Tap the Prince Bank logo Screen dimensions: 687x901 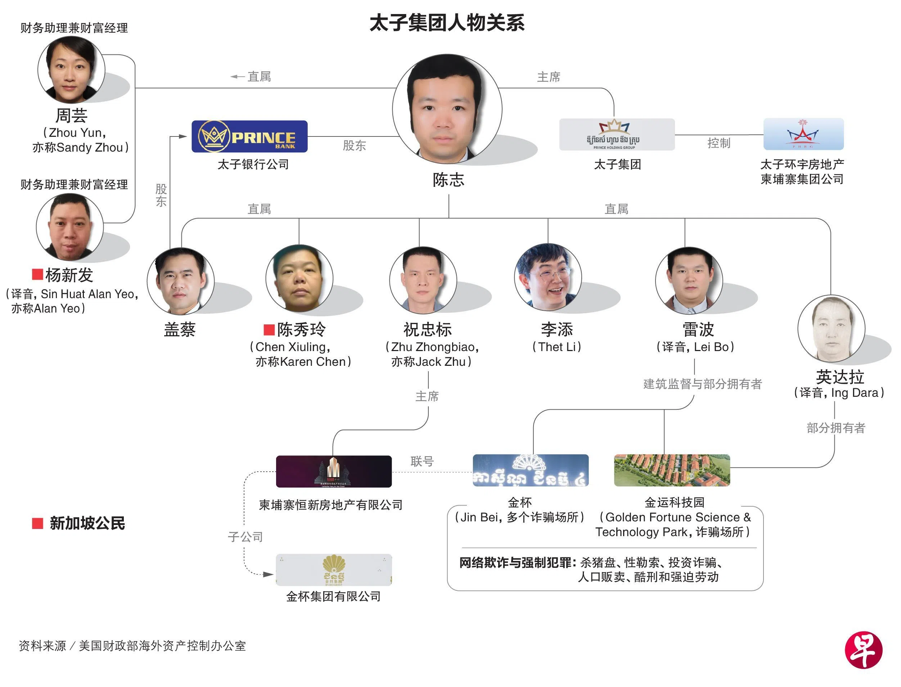coord(249,136)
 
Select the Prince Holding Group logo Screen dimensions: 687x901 coord(617,135)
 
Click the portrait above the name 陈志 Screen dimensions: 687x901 coord(447,109)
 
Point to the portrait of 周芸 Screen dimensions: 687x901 coord(71,69)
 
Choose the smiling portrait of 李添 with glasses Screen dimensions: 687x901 coord(548,277)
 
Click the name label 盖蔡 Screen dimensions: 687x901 coord(180,329)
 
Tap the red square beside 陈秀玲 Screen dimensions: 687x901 coord(269,329)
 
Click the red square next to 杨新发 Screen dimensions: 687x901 coord(37,274)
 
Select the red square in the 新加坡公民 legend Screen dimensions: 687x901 coord(37,524)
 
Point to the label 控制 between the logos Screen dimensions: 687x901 coord(718,143)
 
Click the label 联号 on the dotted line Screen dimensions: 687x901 coord(422,461)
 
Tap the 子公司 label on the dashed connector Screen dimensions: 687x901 coord(245,537)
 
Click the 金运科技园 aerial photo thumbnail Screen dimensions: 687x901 coord(672,470)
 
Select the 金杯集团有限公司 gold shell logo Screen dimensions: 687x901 coord(334,570)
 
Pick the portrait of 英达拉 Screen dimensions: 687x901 coord(831,328)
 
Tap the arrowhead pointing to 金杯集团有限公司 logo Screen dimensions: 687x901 coord(268,575)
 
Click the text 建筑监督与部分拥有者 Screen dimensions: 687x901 coord(702,384)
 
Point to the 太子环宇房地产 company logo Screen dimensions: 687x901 coord(803,134)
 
